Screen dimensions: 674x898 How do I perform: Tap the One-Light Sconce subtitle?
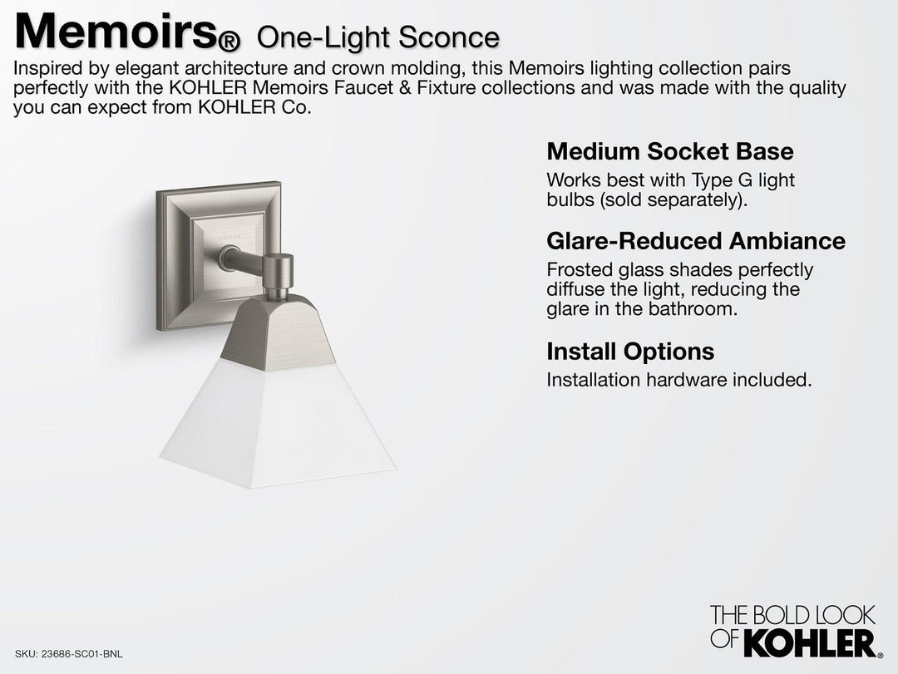[x=378, y=37]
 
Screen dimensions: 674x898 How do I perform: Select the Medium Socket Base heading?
[x=669, y=151]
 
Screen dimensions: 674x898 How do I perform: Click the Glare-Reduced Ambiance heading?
[x=695, y=241]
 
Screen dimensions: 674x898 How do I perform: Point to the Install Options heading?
[x=629, y=352]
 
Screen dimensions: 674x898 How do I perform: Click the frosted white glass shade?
[x=278, y=423]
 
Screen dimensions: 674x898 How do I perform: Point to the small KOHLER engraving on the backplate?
[x=228, y=236]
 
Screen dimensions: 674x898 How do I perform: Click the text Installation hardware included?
[x=678, y=380]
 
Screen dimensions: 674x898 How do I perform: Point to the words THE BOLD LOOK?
[x=792, y=616]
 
